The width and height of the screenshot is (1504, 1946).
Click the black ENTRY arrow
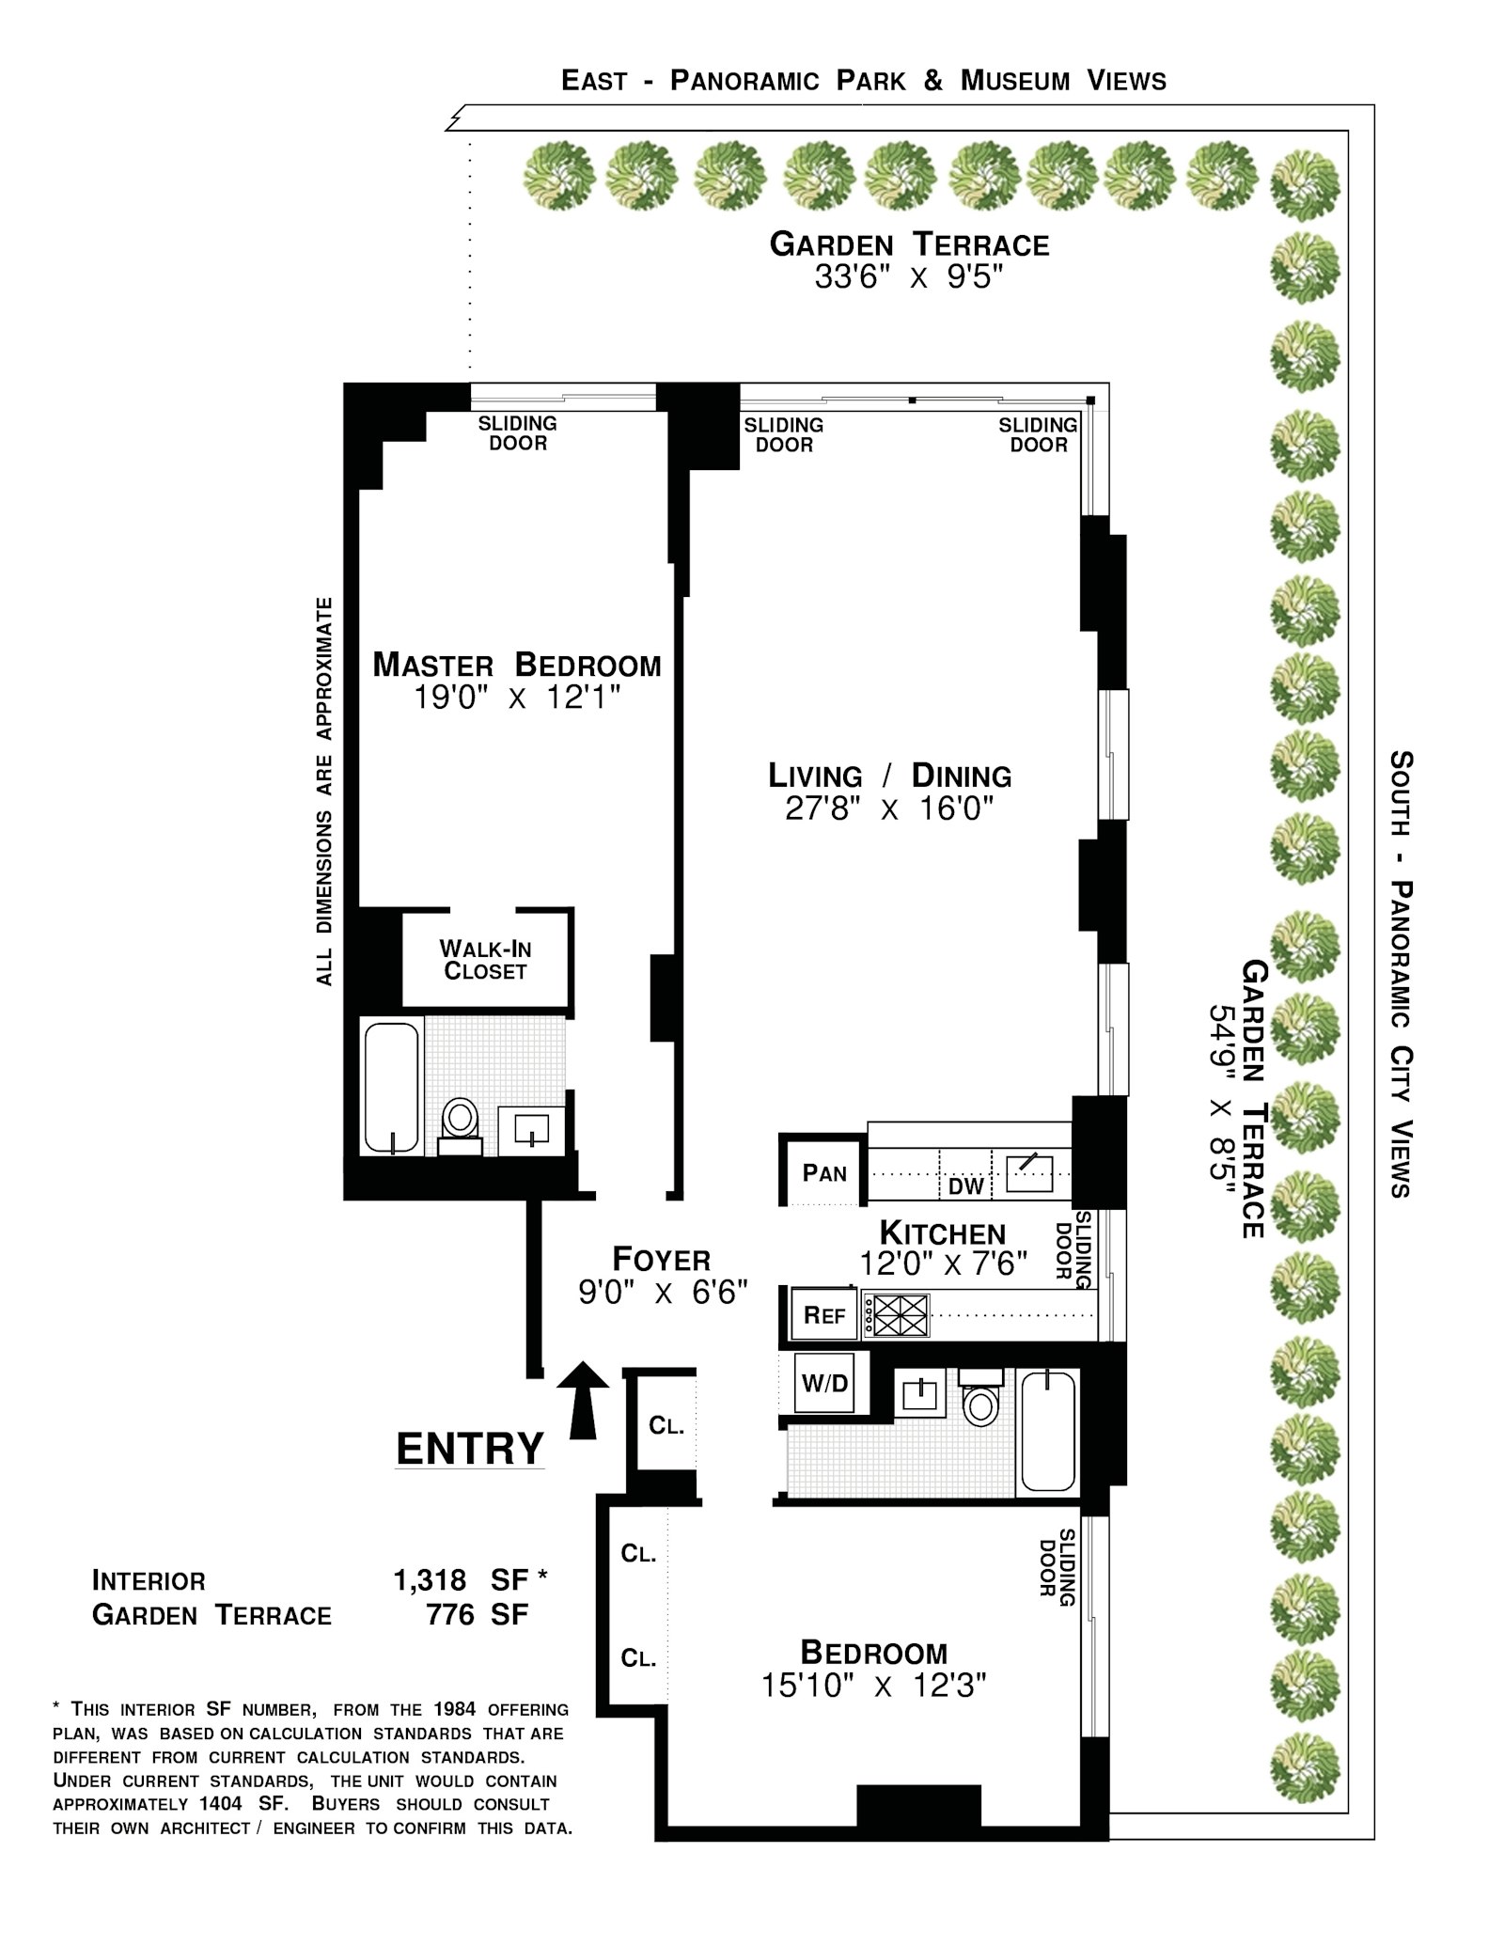(583, 1400)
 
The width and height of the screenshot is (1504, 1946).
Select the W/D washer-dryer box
(824, 1383)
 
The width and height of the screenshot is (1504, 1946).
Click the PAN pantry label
(824, 1173)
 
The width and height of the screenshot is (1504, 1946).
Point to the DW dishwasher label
(965, 1186)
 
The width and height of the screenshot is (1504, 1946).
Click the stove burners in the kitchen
(897, 1315)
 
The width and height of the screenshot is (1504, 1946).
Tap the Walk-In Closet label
(485, 960)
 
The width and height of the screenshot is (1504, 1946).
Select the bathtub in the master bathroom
(391, 1088)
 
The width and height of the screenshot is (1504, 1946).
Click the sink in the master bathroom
(531, 1129)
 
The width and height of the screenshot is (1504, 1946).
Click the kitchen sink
(1029, 1172)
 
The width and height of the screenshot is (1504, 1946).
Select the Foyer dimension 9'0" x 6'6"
(663, 1293)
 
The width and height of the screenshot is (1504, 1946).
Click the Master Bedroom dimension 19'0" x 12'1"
(517, 698)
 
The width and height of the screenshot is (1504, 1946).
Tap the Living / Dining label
(890, 776)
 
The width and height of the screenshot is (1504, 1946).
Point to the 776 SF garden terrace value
(477, 1615)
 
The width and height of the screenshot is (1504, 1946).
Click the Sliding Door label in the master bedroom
(518, 433)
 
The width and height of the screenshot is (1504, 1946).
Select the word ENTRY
(470, 1449)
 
